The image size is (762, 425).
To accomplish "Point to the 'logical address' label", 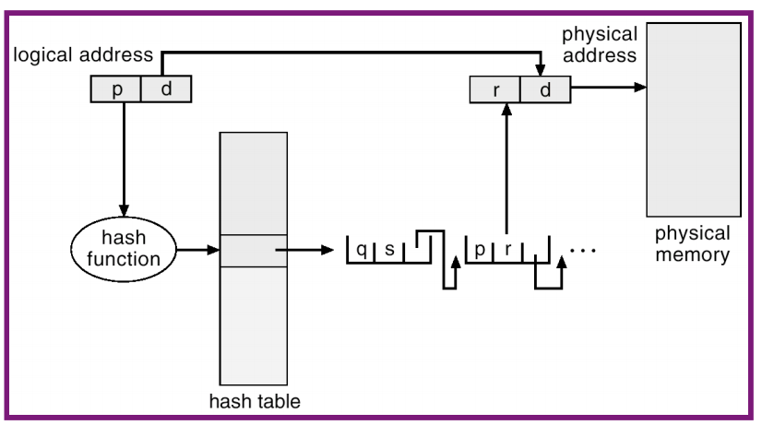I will pos(83,55).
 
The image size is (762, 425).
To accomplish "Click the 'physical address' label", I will pos(599,44).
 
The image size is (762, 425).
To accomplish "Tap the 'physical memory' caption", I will pos(692,243).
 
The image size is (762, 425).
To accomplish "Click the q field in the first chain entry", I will pos(362,250).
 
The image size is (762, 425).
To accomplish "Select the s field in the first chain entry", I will pos(389,250).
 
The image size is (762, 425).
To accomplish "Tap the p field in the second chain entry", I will pos(480,250).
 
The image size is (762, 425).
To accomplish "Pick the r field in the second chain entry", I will pos(507,250).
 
